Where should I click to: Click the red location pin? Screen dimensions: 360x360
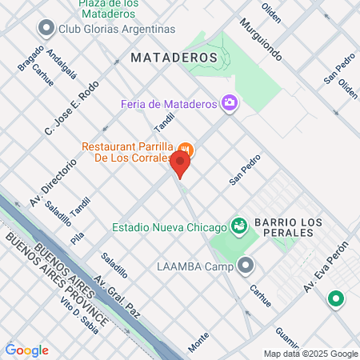point(180,165)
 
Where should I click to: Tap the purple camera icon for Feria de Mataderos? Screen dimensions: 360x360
point(230,102)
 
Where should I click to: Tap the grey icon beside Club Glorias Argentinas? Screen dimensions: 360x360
point(46,28)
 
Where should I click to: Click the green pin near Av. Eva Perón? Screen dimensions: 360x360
point(337,300)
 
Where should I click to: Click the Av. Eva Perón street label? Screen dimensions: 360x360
point(326,267)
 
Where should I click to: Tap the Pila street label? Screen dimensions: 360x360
point(78,238)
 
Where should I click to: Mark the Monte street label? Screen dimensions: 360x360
point(198,342)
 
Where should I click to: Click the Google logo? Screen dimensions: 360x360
point(26,350)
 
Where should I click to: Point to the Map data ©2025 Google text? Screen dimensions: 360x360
point(311,354)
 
